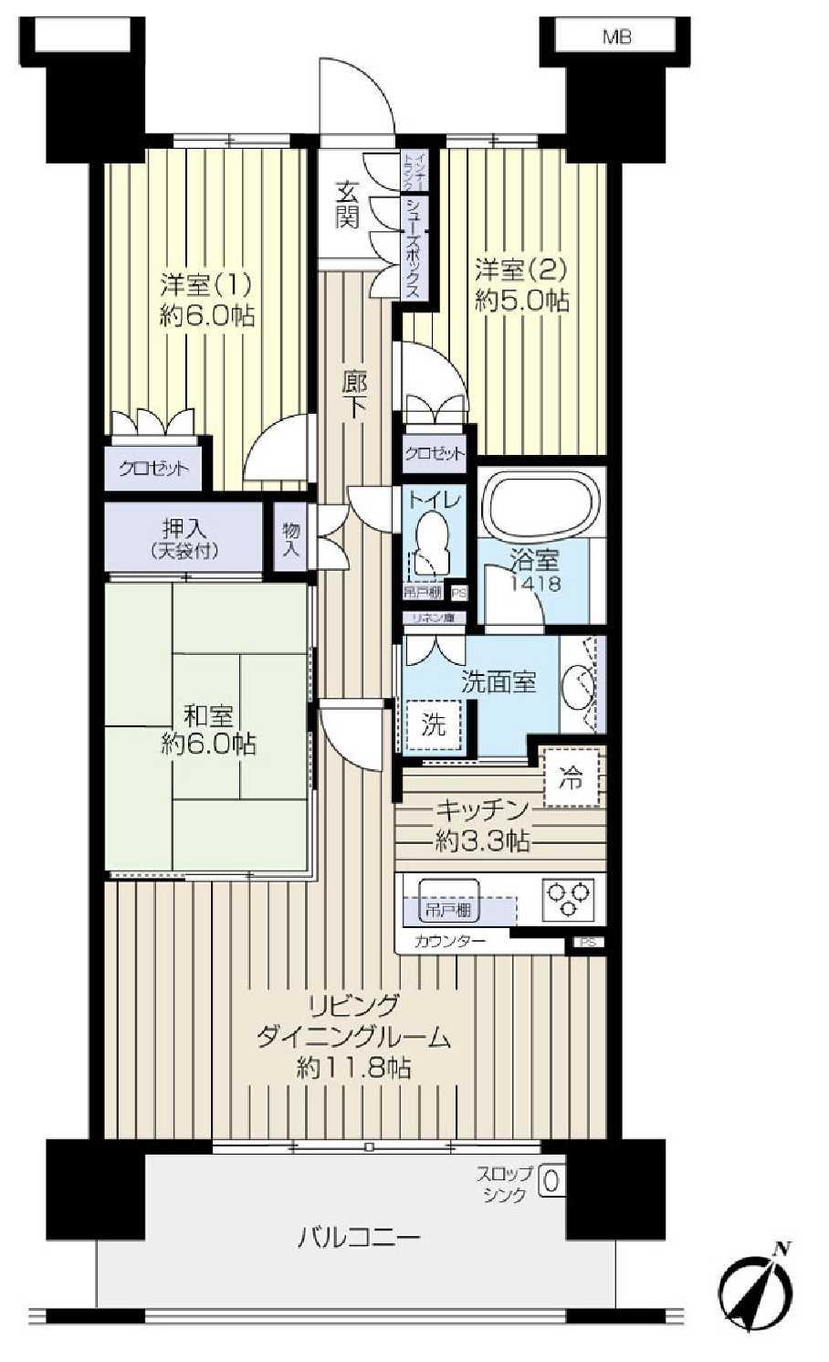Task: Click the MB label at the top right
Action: tap(616, 37)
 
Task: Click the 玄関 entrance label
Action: tap(347, 206)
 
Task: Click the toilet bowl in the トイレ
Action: tap(428, 543)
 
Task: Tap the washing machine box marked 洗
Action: tap(433, 725)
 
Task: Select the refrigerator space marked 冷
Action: tap(572, 778)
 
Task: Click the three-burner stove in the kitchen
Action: tap(569, 897)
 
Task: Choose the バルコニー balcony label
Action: tap(359, 1238)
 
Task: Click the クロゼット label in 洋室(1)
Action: tap(154, 470)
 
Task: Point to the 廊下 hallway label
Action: tap(354, 393)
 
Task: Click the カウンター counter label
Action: tap(449, 941)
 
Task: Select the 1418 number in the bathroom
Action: tap(536, 584)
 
